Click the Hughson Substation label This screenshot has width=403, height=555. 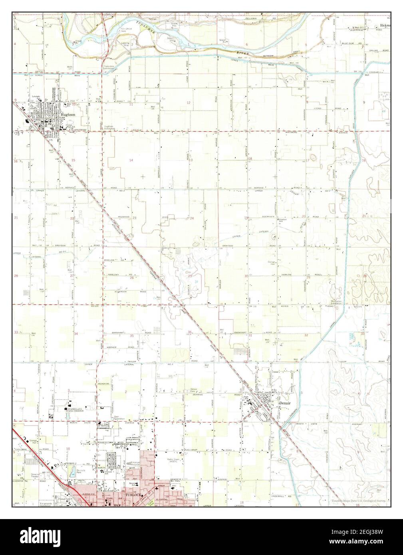pyautogui.click(x=112, y=127)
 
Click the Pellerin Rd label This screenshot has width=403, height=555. pyautogui.click(x=265, y=18)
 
